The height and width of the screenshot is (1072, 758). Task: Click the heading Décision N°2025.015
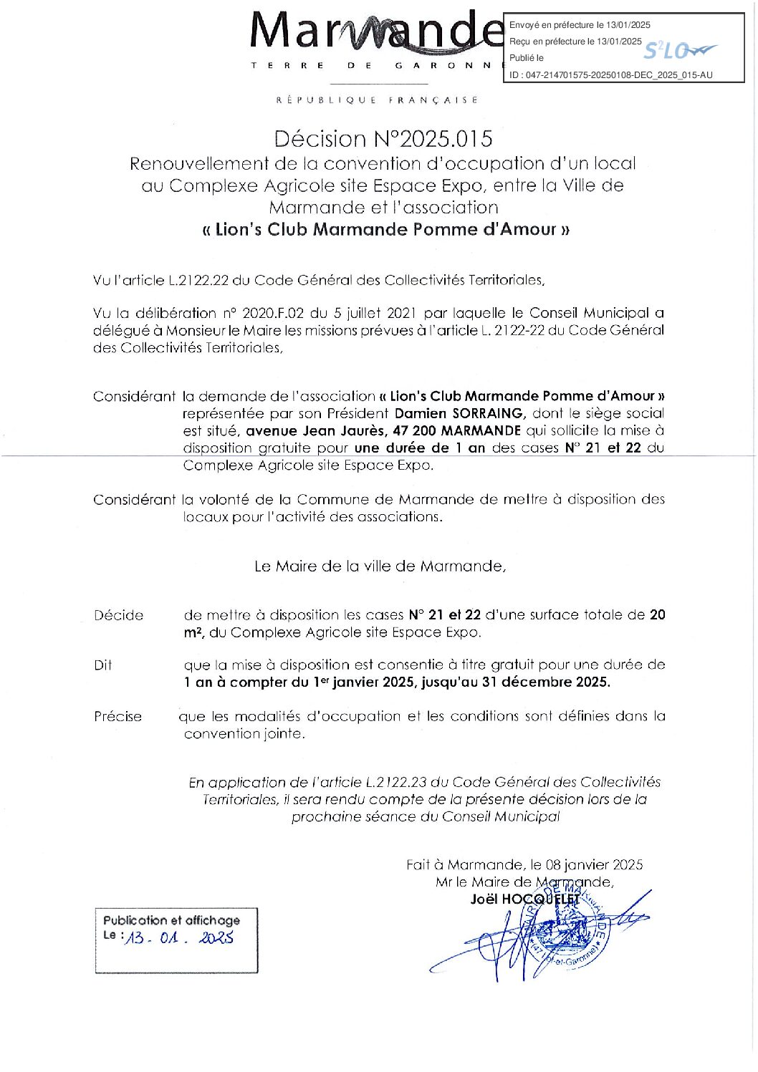(x=383, y=138)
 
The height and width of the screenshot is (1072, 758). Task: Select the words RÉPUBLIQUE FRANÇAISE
(x=378, y=100)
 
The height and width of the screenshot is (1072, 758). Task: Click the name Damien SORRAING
(x=460, y=413)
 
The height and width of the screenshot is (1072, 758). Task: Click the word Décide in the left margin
(x=119, y=615)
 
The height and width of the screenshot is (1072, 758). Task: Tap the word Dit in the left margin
(x=103, y=665)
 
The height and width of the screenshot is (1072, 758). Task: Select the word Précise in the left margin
(x=118, y=716)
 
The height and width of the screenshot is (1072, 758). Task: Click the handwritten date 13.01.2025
(x=179, y=938)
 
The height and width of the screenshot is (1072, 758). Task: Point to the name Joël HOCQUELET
(x=524, y=899)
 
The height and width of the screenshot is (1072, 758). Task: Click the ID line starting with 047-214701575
(x=611, y=74)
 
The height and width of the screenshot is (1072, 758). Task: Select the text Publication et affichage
(x=171, y=920)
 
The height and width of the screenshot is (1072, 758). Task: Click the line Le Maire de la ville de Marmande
(x=380, y=566)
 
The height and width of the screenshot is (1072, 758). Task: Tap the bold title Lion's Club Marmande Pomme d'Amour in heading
(x=385, y=229)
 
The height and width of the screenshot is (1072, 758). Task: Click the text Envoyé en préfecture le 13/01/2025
(x=580, y=25)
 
